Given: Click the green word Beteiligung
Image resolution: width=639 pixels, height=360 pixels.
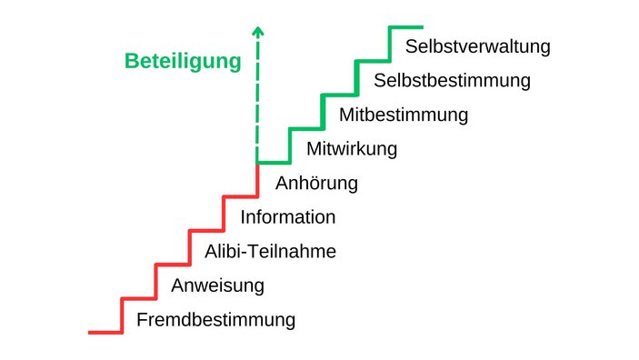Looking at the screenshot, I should (183, 62).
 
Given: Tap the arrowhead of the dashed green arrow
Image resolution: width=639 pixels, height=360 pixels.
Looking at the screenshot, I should (258, 31).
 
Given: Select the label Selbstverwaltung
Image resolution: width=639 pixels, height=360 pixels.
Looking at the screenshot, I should (478, 46).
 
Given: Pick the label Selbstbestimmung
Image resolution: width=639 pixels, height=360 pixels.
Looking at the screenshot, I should (452, 80).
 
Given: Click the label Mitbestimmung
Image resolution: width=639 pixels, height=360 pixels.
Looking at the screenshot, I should (404, 115).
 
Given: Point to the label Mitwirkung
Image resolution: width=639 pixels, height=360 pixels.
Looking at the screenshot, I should (352, 149).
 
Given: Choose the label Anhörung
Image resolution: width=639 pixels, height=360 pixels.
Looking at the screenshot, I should (316, 183).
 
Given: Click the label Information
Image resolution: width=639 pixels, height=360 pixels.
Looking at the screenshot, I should (287, 217).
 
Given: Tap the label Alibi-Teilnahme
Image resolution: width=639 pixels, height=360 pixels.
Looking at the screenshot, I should (270, 252).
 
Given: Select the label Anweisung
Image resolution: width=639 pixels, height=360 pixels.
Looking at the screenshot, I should (217, 285).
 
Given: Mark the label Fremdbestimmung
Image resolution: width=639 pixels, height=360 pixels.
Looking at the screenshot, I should (215, 320).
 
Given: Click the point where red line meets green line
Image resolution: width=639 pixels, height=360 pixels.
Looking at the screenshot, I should (258, 163).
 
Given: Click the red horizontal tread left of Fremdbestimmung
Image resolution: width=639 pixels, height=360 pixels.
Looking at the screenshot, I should (105, 332).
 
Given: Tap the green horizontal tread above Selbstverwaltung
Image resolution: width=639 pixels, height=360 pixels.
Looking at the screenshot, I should (406, 27).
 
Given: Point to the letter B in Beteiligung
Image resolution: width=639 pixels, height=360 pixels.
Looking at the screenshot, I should (131, 62).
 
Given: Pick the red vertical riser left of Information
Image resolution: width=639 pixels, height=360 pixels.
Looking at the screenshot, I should (224, 213).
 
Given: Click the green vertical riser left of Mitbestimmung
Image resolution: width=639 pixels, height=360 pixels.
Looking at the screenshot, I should (324, 111).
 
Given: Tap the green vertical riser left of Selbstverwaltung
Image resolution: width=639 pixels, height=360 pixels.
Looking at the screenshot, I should (390, 43).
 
